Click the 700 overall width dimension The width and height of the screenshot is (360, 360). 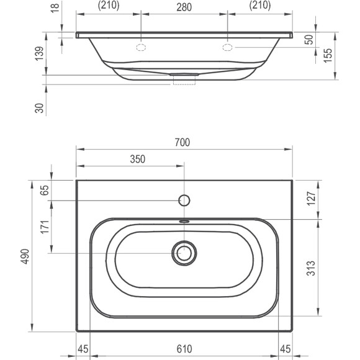[x=182, y=142]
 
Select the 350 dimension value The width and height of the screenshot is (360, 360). [x=138, y=159]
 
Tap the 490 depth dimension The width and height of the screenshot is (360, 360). [x=25, y=256]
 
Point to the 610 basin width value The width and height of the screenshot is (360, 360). [x=184, y=349]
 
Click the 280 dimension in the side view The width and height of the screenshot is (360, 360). [x=184, y=7]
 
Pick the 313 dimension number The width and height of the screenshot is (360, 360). [x=311, y=268]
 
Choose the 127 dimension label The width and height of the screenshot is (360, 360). [x=312, y=199]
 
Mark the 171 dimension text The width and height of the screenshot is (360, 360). [x=45, y=227]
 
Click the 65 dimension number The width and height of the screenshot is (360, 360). [x=45, y=190]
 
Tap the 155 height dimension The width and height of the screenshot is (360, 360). [x=328, y=55]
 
